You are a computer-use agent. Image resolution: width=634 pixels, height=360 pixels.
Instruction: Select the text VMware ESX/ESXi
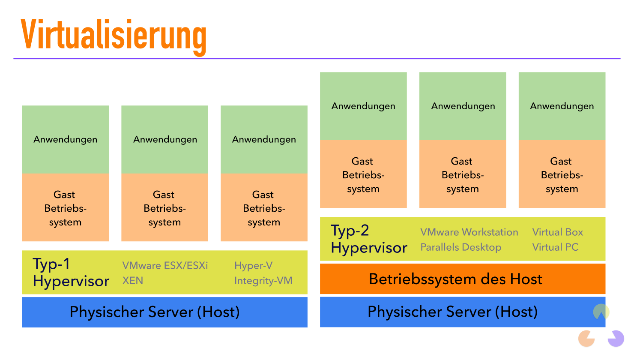pyautogui.click(x=165, y=266)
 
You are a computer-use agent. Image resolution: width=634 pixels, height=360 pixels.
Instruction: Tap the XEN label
pyautogui.click(x=133, y=281)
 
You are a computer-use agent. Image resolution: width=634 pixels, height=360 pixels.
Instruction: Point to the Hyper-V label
pyautogui.click(x=253, y=266)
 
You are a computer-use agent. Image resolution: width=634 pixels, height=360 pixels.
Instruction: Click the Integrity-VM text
pyautogui.click(x=263, y=281)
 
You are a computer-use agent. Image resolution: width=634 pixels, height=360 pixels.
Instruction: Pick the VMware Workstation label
pyautogui.click(x=469, y=232)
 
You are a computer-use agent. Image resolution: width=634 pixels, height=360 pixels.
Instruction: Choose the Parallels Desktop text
pyautogui.click(x=461, y=247)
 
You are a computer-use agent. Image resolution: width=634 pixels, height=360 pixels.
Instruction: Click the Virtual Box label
pyautogui.click(x=557, y=232)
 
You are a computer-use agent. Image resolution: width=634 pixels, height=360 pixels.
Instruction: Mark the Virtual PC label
pyautogui.click(x=555, y=247)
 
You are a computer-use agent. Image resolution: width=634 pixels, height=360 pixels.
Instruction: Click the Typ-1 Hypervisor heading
pyautogui.click(x=71, y=273)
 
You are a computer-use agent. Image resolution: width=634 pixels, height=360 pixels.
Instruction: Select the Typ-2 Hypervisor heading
pyautogui.click(x=369, y=239)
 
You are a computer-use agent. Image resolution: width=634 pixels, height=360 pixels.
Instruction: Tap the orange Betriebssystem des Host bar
pyautogui.click(x=455, y=279)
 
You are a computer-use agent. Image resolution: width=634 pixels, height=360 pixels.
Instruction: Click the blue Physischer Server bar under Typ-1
pyautogui.click(x=164, y=312)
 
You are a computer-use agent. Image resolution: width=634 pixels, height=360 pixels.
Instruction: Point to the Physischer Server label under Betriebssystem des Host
pyautogui.click(x=452, y=312)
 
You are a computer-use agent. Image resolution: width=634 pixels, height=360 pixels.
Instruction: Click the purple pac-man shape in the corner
pyautogui.click(x=616, y=338)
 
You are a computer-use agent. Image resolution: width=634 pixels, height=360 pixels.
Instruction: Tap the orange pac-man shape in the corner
pyautogui.click(x=586, y=339)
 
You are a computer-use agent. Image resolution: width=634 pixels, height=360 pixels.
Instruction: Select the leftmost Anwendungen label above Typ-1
pyautogui.click(x=66, y=139)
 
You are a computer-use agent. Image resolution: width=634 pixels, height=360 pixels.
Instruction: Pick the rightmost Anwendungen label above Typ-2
pyautogui.click(x=562, y=106)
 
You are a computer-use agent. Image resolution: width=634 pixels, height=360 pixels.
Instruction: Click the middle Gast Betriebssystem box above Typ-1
pyautogui.click(x=164, y=208)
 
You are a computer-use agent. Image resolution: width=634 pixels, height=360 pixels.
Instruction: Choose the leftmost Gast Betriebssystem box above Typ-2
pyautogui.click(x=363, y=174)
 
